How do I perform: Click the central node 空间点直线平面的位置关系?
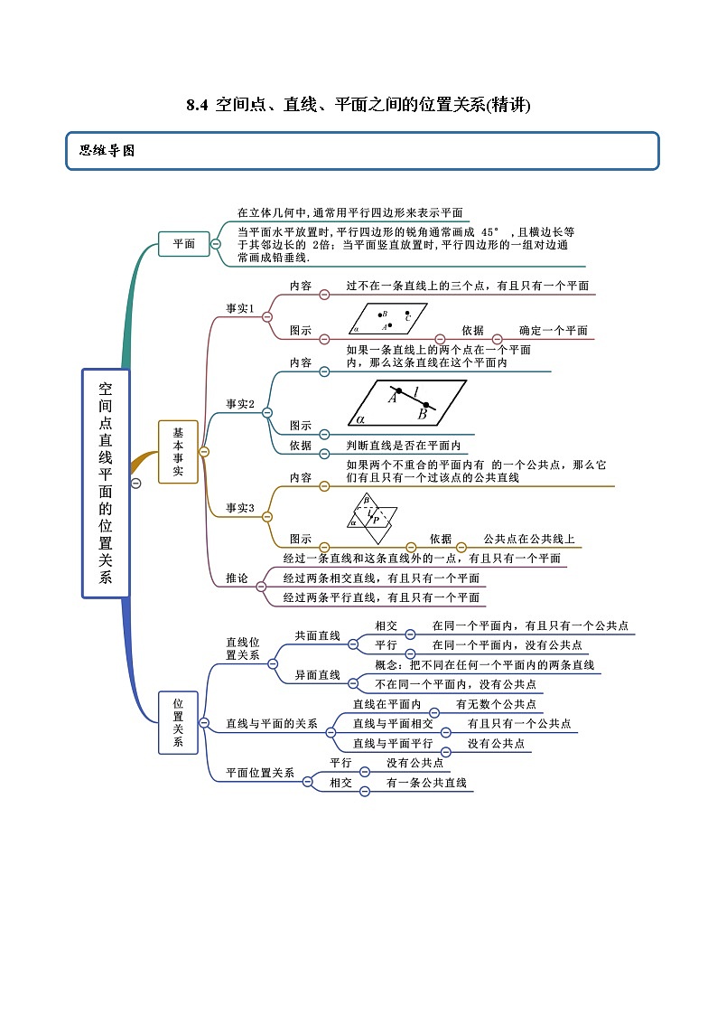[x=106, y=483]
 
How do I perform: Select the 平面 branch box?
[x=183, y=243]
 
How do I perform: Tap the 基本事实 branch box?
[x=178, y=452]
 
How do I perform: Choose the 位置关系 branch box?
[x=178, y=722]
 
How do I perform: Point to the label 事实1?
[x=239, y=308]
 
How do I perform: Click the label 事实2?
[x=239, y=404]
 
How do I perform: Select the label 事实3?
[x=239, y=508]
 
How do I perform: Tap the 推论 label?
[x=237, y=578]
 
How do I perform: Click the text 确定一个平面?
[x=553, y=331]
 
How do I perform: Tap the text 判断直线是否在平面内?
[x=404, y=446]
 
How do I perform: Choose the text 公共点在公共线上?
[x=528, y=539]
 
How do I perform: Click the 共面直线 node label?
[x=317, y=636]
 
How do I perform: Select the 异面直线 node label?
[x=317, y=675]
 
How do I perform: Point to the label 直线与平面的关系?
[x=272, y=723]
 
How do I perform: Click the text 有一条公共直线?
[x=426, y=783]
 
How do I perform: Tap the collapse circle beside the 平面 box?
[x=216, y=244]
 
